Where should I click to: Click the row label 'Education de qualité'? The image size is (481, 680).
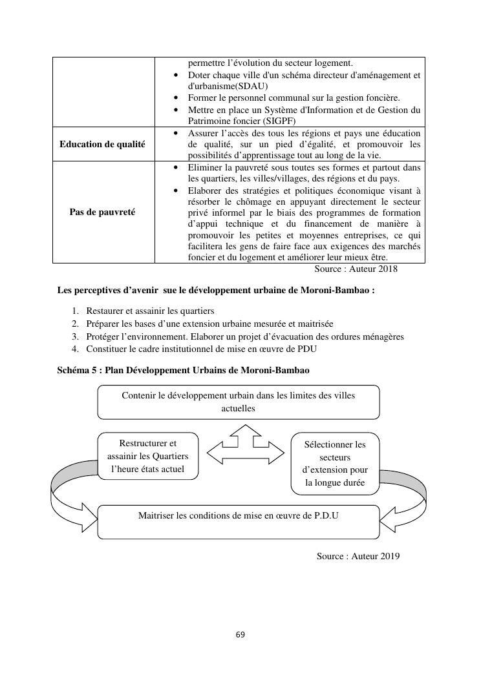tap(102, 144)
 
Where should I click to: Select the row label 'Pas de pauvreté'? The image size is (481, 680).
tap(102, 212)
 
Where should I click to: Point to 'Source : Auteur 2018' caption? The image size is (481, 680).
tap(356, 269)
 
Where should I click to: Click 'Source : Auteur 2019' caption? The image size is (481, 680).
tap(358, 555)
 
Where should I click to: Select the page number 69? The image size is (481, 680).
tap(240, 634)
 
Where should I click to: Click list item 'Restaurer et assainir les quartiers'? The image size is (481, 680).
tap(150, 311)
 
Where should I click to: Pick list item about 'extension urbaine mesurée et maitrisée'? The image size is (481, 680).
tap(209, 324)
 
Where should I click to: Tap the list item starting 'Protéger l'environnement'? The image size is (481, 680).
tap(244, 336)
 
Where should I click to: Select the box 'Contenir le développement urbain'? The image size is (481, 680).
tap(239, 402)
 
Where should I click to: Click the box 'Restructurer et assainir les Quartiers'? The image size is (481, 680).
tap(148, 456)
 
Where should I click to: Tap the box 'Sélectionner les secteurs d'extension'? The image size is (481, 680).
tap(334, 463)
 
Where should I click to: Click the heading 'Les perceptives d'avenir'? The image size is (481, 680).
tap(216, 290)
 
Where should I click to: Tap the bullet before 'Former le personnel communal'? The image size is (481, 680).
tap(177, 98)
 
